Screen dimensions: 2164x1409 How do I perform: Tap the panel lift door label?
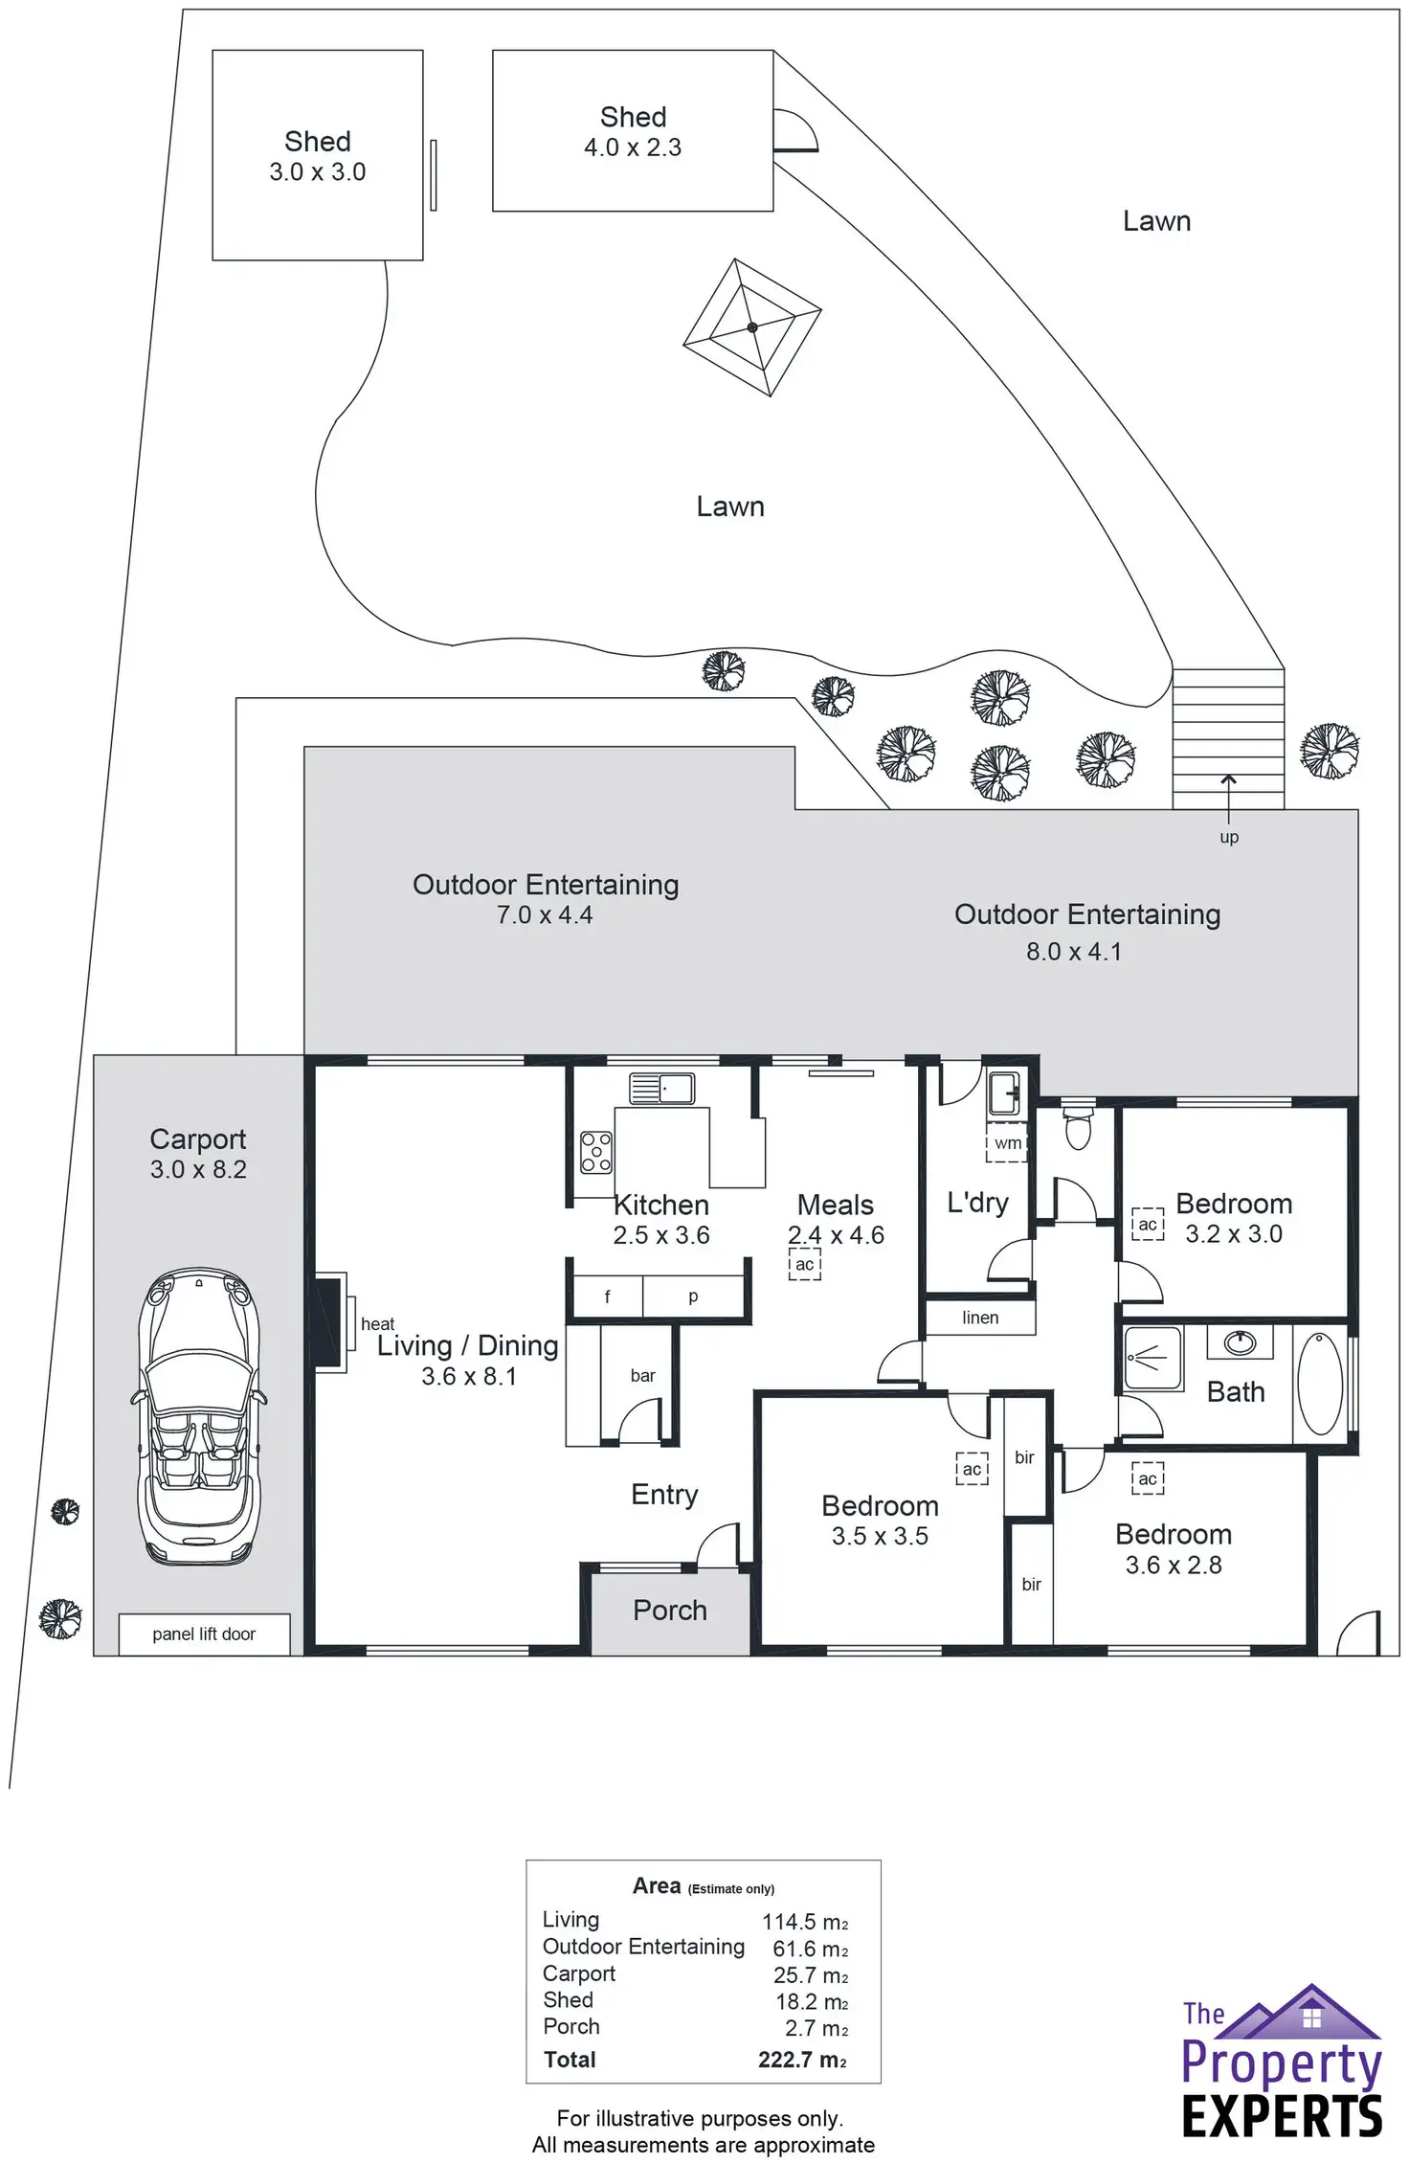click(204, 1634)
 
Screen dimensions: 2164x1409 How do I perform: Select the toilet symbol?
click(1078, 1127)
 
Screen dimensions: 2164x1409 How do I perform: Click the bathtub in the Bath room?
click(1320, 1383)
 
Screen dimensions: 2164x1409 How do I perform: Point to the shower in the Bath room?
click(1152, 1357)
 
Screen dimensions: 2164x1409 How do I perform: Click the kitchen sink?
click(661, 1089)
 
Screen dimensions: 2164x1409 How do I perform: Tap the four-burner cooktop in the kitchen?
click(595, 1152)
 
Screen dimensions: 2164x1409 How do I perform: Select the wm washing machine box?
click(1007, 1143)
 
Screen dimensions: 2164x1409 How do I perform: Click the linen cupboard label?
click(980, 1318)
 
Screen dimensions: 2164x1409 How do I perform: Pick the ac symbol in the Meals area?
click(805, 1264)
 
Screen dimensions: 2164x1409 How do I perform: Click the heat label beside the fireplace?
click(377, 1324)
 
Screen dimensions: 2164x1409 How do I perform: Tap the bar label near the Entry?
click(642, 1375)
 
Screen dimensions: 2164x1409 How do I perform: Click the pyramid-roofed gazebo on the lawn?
click(752, 327)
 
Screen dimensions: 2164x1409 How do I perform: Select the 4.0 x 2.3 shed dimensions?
click(633, 147)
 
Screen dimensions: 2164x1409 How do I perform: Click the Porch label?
click(670, 1610)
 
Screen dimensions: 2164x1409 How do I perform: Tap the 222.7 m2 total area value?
click(802, 2060)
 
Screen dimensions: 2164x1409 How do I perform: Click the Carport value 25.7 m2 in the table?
click(810, 1975)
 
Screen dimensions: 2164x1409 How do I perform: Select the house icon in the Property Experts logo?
click(1310, 2013)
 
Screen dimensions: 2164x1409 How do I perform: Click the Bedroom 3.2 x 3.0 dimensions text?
click(1233, 1233)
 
